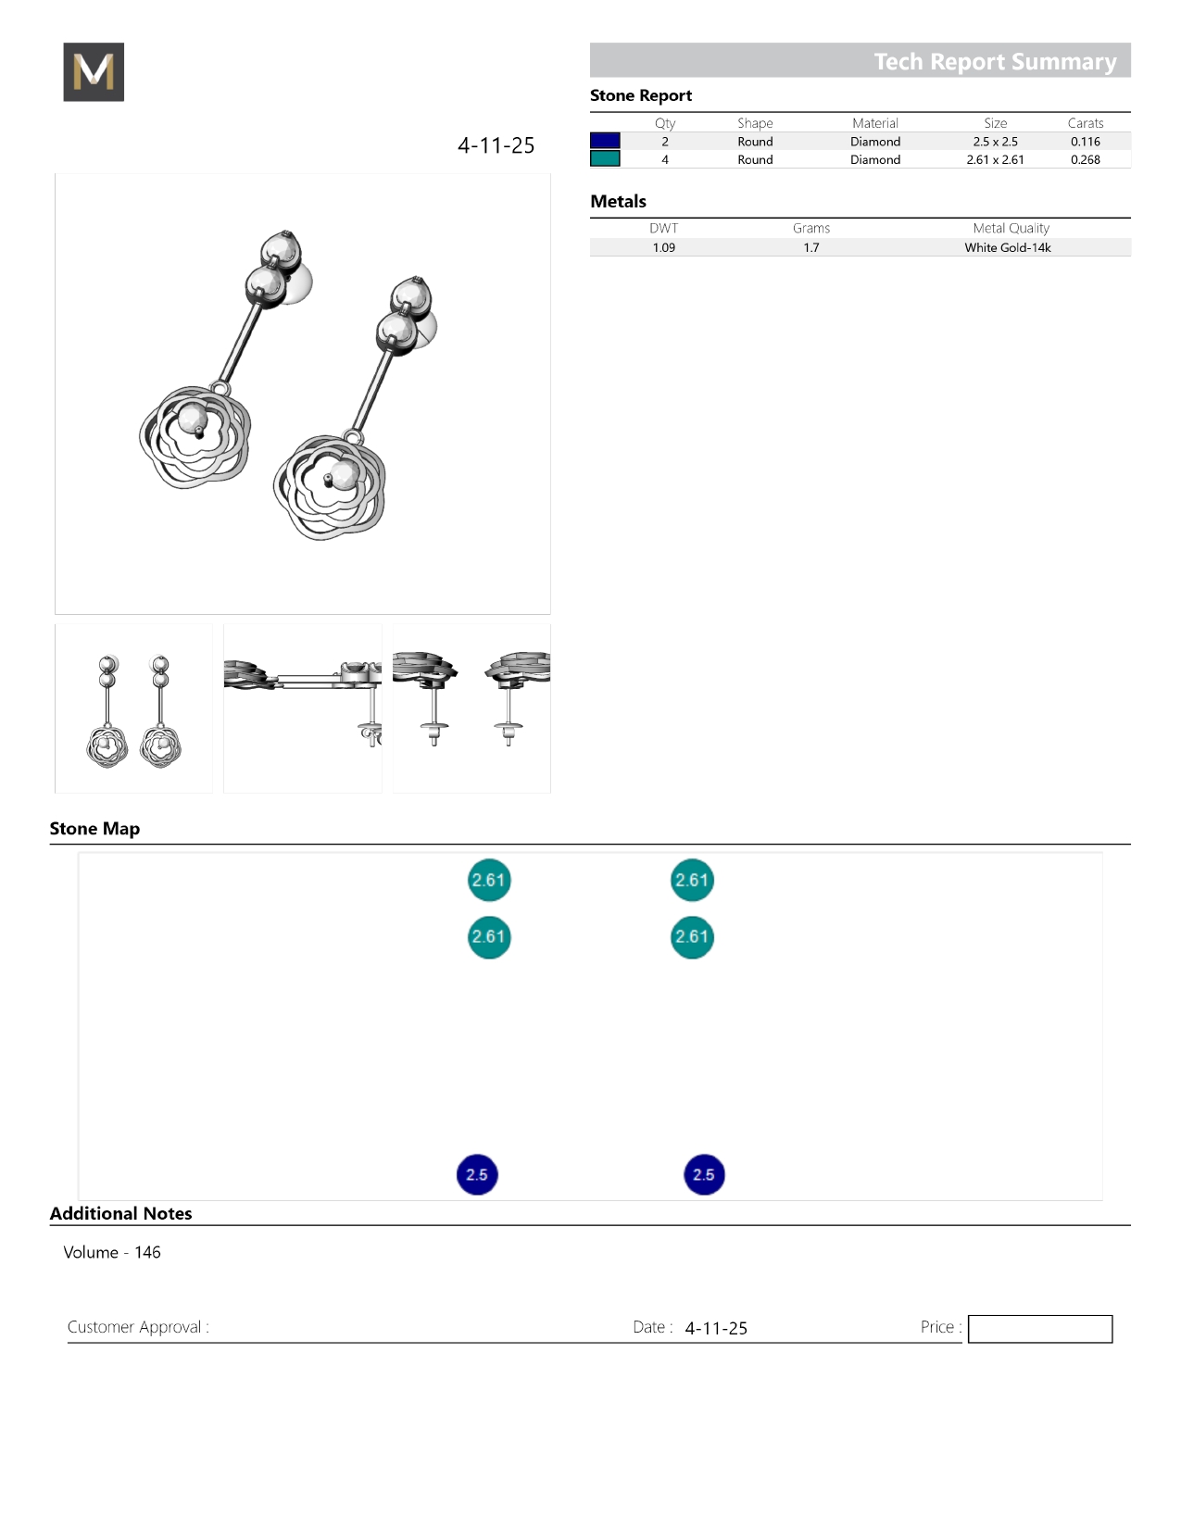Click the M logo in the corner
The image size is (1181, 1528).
click(x=94, y=71)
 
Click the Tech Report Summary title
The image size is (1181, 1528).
click(x=995, y=62)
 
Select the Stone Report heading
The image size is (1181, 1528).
click(x=641, y=95)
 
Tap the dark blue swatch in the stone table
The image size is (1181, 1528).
click(x=605, y=141)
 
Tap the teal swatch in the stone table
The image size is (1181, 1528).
click(x=605, y=159)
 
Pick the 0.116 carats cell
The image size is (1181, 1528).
click(x=1086, y=142)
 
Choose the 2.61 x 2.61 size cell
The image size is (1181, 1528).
click(x=995, y=159)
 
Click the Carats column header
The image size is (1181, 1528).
click(x=1086, y=123)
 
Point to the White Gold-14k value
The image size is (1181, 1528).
click(x=1007, y=247)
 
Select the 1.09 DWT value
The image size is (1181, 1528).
click(x=663, y=247)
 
